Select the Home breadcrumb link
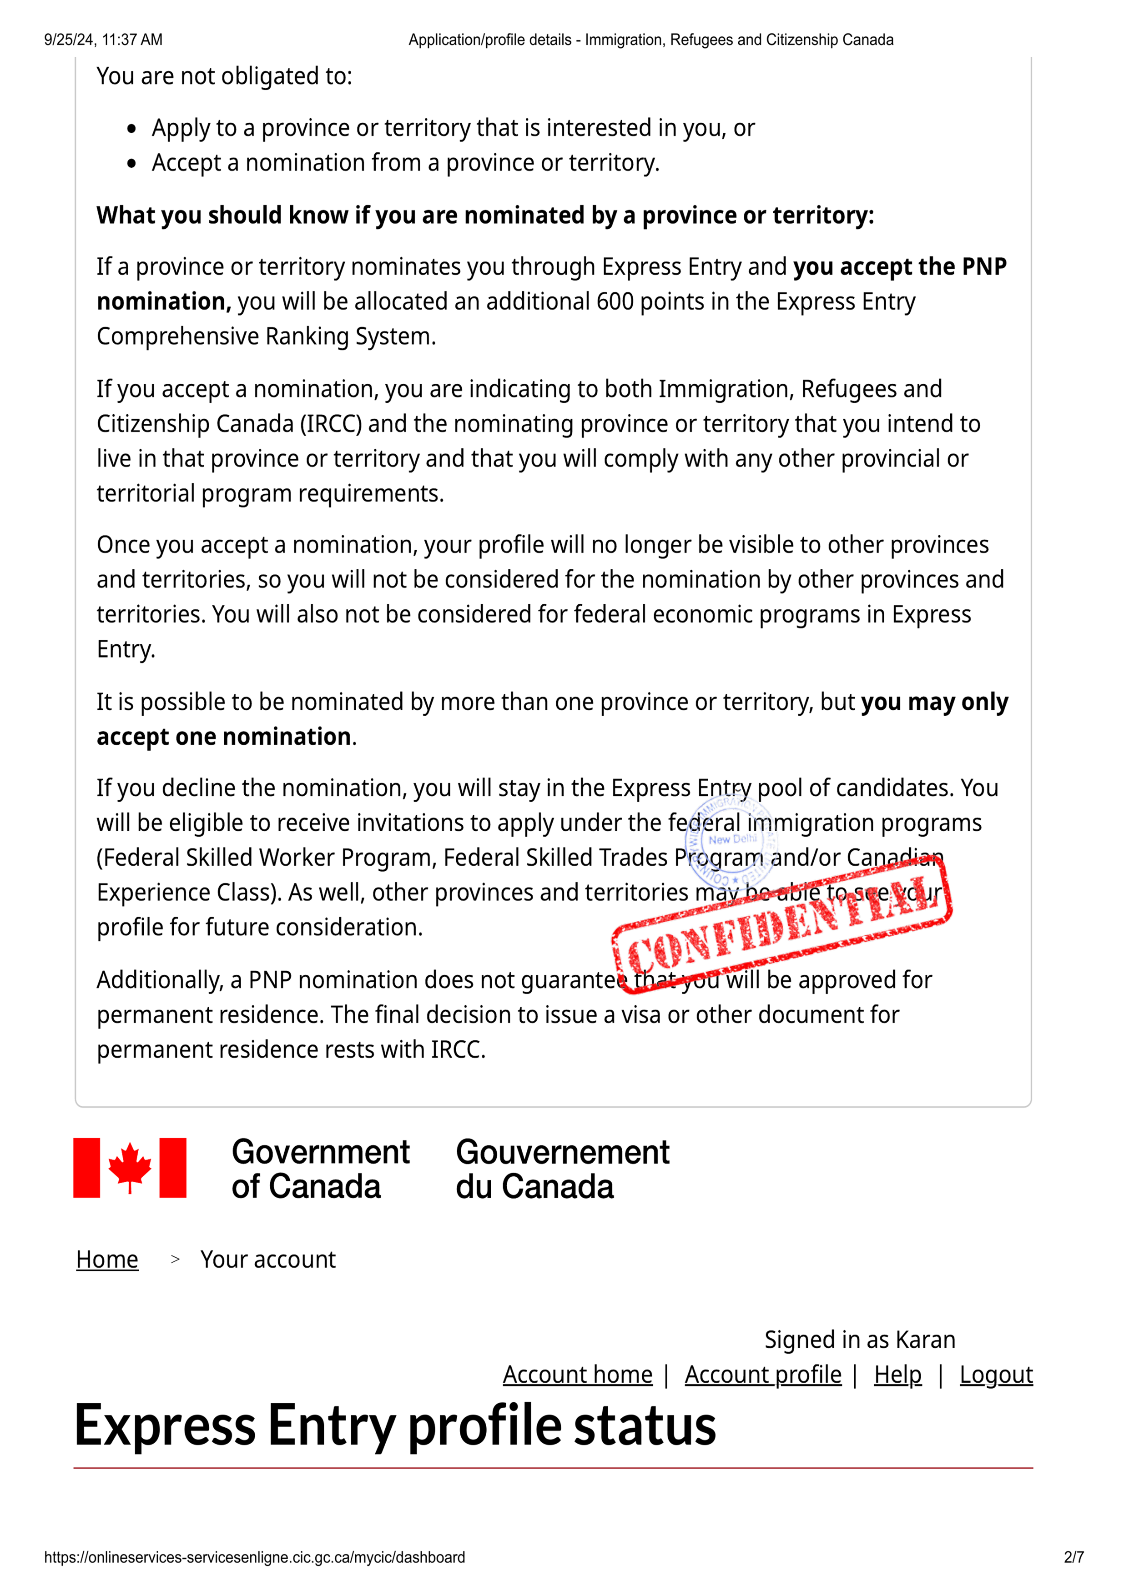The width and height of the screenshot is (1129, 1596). pos(107,1259)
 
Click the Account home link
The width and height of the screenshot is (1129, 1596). pos(578,1374)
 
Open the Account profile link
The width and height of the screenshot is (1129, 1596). pos(763,1374)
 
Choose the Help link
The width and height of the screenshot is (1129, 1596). pos(897,1374)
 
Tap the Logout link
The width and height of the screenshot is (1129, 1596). pos(996,1374)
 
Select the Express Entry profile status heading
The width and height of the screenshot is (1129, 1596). pos(395,1425)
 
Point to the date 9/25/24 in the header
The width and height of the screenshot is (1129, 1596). pos(70,40)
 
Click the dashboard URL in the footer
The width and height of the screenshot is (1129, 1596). pos(254,1557)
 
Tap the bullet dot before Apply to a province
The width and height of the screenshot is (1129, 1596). pos(132,129)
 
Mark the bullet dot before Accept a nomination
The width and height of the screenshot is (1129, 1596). pos(132,164)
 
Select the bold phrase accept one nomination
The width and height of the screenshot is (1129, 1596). pos(224,737)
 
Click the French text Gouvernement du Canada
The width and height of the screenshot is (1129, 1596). pos(562,1169)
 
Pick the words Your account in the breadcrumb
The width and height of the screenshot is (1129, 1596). pos(267,1259)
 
